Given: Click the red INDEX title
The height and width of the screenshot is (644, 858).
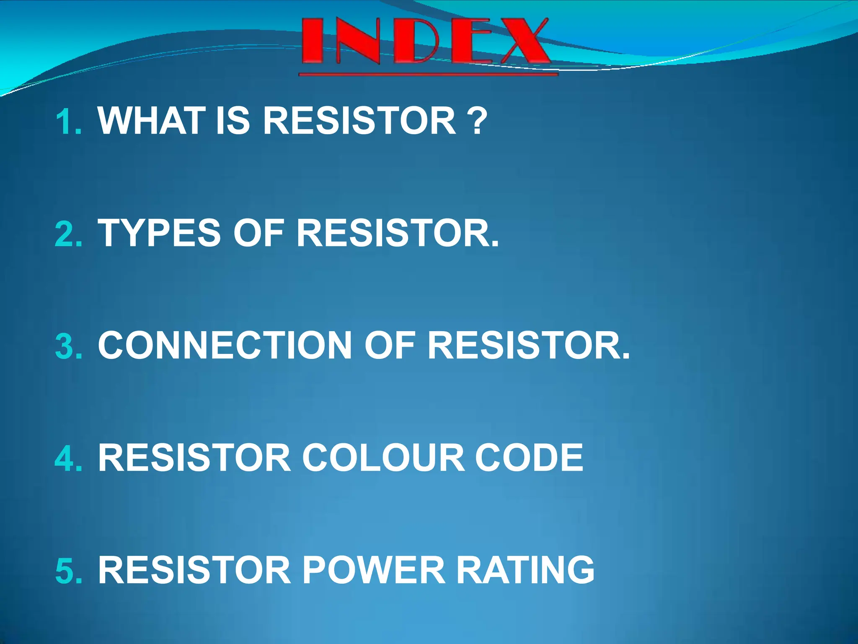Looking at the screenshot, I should (425, 42).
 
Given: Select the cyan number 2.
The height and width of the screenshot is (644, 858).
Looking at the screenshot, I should (68, 234).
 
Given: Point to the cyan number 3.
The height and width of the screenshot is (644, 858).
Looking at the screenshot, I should (68, 346).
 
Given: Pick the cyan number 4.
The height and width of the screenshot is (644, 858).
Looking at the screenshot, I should (68, 459).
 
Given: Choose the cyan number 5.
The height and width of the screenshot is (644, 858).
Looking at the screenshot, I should (68, 571).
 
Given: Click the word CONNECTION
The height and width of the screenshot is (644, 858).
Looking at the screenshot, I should (225, 345).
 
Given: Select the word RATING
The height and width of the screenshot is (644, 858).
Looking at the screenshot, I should (525, 570).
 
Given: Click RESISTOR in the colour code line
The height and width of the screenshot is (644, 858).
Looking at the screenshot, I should (194, 458).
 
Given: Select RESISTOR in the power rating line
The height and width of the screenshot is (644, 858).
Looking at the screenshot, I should (194, 570).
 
